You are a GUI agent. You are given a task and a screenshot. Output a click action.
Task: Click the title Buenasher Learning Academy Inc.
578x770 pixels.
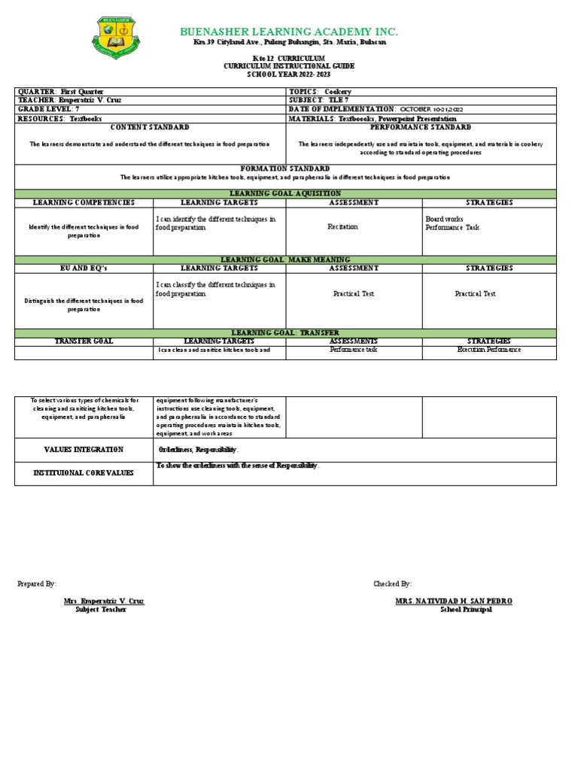pyautogui.click(x=288, y=31)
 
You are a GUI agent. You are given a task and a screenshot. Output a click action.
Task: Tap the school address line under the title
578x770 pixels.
pyautogui.click(x=288, y=43)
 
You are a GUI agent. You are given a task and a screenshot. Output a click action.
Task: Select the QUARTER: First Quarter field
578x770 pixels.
pyautogui.click(x=53, y=92)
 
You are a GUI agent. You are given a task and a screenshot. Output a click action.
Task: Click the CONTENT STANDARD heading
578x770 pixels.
pyautogui.click(x=150, y=128)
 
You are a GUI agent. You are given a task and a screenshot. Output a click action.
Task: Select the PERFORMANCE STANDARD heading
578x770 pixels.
pyautogui.click(x=421, y=128)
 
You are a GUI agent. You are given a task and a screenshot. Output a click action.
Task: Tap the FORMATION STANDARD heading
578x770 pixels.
pyautogui.click(x=285, y=168)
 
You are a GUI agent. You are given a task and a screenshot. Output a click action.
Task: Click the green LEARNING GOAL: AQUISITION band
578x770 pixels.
pyautogui.click(x=285, y=194)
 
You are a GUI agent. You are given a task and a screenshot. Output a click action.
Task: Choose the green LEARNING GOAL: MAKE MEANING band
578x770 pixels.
pyautogui.click(x=285, y=259)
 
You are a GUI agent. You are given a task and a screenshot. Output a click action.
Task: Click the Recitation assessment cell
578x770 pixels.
pyautogui.click(x=342, y=226)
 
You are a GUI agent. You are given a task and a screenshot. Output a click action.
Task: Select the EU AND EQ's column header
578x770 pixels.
pyautogui.click(x=84, y=268)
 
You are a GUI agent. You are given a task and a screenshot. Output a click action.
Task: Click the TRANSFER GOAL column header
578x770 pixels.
pyautogui.click(x=84, y=341)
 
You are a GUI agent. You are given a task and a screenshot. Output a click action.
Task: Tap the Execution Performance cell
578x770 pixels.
pyautogui.click(x=489, y=350)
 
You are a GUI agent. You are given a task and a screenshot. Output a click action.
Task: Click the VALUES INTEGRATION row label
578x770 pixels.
pyautogui.click(x=84, y=449)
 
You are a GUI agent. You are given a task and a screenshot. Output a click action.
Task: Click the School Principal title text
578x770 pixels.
pyautogui.click(x=466, y=610)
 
